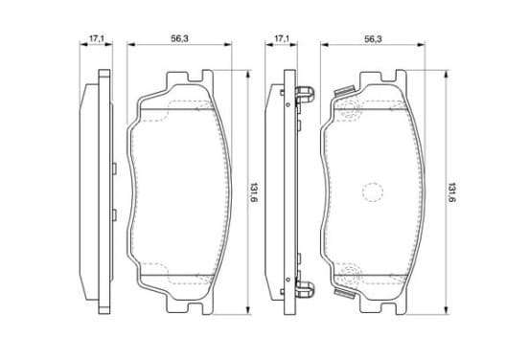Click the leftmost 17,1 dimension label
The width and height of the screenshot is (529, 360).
(96, 38)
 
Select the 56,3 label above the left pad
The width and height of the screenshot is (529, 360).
(179, 38)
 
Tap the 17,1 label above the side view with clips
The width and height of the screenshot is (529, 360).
(282, 38)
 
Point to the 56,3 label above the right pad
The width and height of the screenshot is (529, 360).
(373, 39)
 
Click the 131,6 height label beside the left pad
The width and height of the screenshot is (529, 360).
(254, 192)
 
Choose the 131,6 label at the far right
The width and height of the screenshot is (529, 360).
(451, 192)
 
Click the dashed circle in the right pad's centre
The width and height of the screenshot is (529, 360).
(373, 192)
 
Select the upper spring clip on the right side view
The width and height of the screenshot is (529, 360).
(305, 94)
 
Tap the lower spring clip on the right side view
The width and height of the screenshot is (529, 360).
(305, 289)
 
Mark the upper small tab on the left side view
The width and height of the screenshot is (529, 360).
(114, 169)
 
